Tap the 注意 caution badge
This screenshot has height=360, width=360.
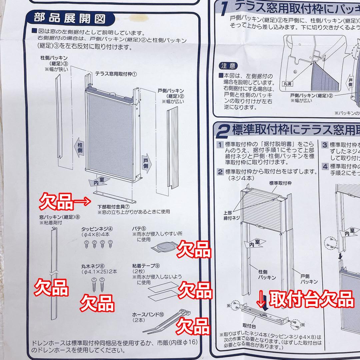coord(228,66)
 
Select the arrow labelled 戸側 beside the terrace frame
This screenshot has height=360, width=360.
coord(147,163)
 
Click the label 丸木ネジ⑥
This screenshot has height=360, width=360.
coord(93,266)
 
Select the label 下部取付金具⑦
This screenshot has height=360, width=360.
coord(113,207)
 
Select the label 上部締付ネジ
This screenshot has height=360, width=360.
coord(232,215)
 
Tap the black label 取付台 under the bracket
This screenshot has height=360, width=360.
coord(249,327)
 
